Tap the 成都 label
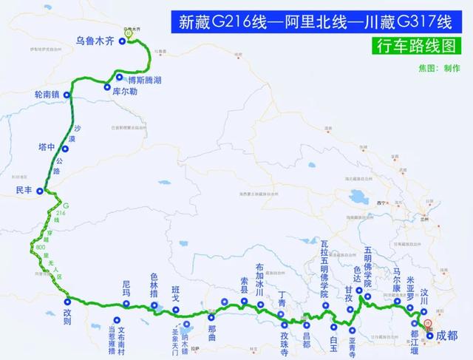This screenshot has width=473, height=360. (447, 336)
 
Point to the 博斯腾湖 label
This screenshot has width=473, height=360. (145, 79)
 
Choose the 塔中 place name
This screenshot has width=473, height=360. (47, 147)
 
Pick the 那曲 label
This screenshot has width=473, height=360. (212, 327)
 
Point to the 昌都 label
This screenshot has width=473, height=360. (307, 334)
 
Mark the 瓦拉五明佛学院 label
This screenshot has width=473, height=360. (324, 265)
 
